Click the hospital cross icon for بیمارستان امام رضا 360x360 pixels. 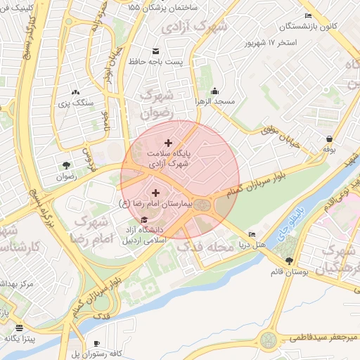tap(155, 192)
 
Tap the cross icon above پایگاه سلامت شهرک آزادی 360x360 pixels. tap(167, 143)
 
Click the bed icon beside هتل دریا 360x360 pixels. tap(252, 234)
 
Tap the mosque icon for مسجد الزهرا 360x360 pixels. tap(215, 91)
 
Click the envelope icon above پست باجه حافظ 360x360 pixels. tap(155, 51)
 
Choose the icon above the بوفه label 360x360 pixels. tap(329, 139)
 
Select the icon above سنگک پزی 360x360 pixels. tap(75, 91)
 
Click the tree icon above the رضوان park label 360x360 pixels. tap(66, 165)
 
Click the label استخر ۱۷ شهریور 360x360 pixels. tap(281, 44)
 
